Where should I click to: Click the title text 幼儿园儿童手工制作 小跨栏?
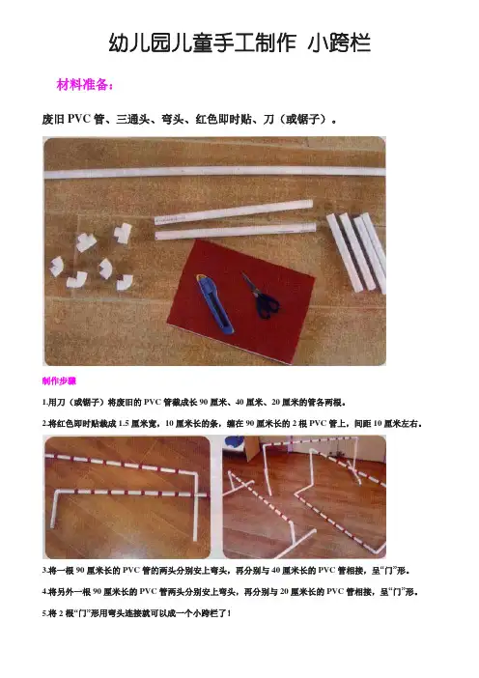(239, 43)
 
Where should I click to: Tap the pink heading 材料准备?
(85, 84)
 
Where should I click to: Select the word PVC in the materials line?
(78, 119)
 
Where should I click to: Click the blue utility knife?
(214, 303)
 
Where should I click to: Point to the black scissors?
(262, 296)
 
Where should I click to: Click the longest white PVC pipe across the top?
(214, 172)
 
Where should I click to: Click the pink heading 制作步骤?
(59, 381)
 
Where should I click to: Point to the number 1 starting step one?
(44, 403)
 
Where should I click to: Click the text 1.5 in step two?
(124, 424)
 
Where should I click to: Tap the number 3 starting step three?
(44, 571)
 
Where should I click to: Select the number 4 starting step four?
(44, 591)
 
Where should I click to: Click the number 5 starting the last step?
(44, 613)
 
